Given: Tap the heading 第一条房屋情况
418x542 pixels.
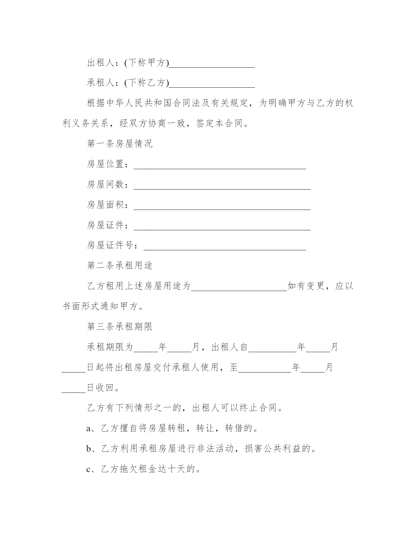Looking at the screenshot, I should pyautogui.click(x=120, y=144).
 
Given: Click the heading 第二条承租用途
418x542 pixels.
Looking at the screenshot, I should pyautogui.click(x=120, y=265).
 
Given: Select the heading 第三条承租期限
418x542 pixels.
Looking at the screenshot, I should pyautogui.click(x=120, y=327).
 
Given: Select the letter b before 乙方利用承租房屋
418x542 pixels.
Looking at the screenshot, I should pyautogui.click(x=89, y=449).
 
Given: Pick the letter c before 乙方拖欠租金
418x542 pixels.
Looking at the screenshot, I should pyautogui.click(x=89, y=470).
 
